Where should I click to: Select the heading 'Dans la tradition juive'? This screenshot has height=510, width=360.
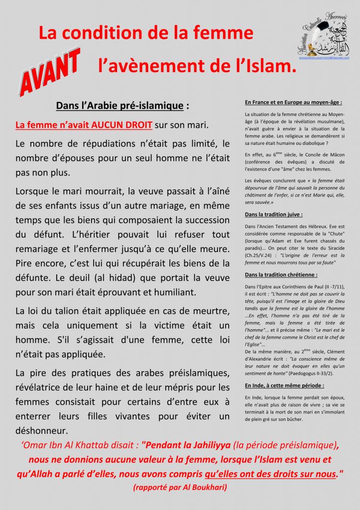(274, 215)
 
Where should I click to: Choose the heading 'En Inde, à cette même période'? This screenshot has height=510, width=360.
(284, 385)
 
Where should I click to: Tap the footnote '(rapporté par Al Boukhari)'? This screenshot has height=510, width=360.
(180, 488)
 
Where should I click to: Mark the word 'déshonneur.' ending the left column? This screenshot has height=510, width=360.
(42, 429)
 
